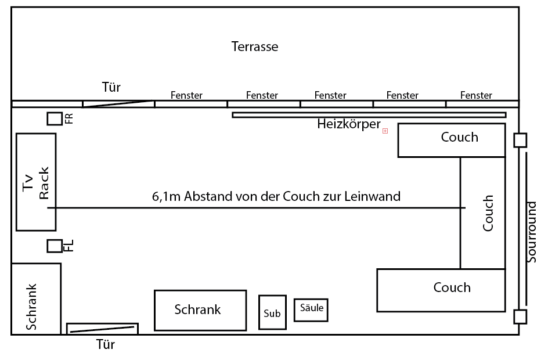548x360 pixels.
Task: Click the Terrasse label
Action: click(x=255, y=46)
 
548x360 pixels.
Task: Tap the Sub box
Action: click(x=272, y=313)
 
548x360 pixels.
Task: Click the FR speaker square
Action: click(x=55, y=118)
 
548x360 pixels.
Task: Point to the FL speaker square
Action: click(x=55, y=246)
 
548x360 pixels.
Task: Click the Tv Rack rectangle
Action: click(x=36, y=181)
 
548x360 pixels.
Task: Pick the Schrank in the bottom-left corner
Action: click(x=35, y=299)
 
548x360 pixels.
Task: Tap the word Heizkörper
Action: click(x=348, y=124)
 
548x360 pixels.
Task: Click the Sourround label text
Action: click(x=532, y=232)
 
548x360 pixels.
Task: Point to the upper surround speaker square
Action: click(x=520, y=140)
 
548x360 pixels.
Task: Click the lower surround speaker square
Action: click(x=520, y=316)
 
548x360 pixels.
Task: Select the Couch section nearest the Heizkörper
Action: click(x=451, y=140)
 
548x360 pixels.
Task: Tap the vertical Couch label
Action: click(x=488, y=213)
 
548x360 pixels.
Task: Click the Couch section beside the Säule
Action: click(x=441, y=290)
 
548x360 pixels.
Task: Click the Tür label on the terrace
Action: click(x=110, y=88)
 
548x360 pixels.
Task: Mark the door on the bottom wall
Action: click(x=103, y=329)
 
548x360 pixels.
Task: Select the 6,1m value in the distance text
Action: click(x=166, y=196)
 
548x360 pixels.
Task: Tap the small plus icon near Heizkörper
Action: click(x=385, y=132)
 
